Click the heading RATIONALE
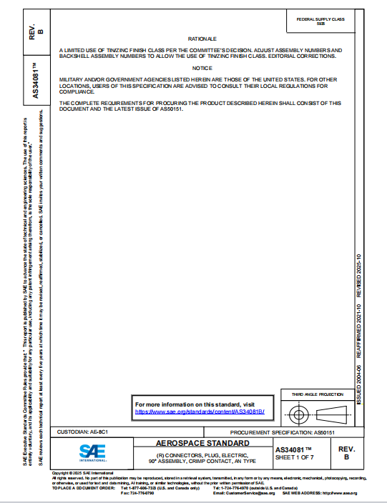point(202,37)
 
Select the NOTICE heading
point(202,67)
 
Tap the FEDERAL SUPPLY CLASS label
point(320,19)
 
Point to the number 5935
point(320,24)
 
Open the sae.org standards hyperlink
point(200,412)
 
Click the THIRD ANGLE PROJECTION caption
point(317,394)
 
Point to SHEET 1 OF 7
point(294,457)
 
